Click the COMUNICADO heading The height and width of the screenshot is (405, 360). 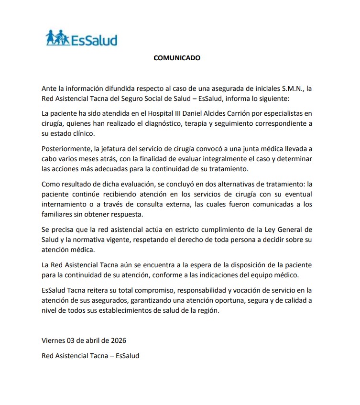176,58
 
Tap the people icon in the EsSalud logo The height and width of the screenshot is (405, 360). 57,38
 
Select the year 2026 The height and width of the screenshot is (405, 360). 118,341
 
